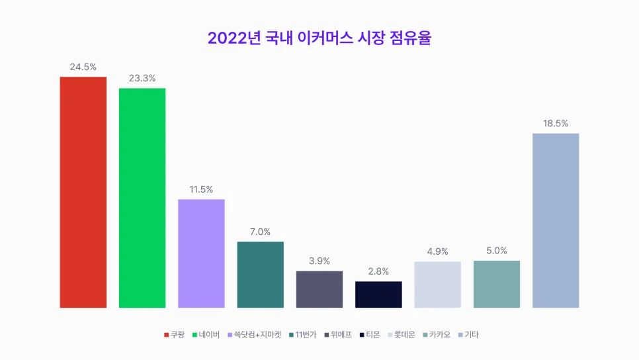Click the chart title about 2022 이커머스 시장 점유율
click(x=319, y=38)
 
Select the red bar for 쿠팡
click(x=83, y=192)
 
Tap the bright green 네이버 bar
click(x=142, y=198)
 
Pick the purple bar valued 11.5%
click(x=201, y=253)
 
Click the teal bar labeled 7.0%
click(x=261, y=275)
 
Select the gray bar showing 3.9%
click(x=319, y=289)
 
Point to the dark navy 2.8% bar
click(x=378, y=294)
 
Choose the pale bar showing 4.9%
click(x=437, y=285)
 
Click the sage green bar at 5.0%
click(x=497, y=284)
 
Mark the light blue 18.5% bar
click(x=556, y=220)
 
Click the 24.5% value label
click(x=83, y=67)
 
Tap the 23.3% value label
click(x=142, y=78)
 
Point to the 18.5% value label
click(x=556, y=123)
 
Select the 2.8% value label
click(x=378, y=271)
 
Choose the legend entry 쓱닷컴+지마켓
click(x=254, y=335)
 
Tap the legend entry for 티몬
click(x=371, y=335)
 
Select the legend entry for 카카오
click(x=437, y=335)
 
